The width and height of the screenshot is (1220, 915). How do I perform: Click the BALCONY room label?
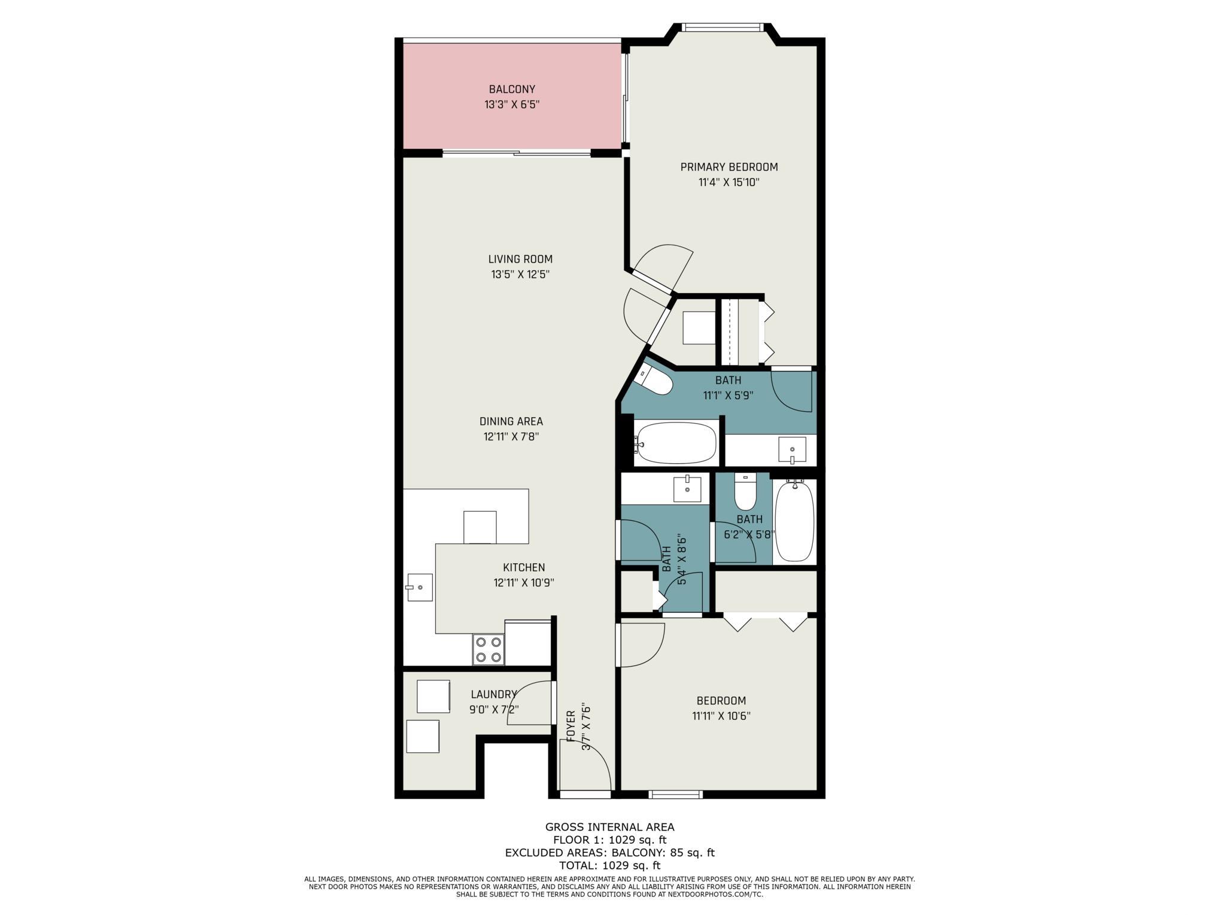coord(512,89)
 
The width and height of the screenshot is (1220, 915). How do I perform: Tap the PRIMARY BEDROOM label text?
coord(729,167)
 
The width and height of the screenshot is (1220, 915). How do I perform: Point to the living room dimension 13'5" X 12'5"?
coord(520,275)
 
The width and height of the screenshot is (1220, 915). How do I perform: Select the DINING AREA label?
coord(511,421)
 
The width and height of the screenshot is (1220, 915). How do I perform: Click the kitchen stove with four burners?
coord(488,649)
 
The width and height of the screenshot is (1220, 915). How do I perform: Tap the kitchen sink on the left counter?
coord(420,587)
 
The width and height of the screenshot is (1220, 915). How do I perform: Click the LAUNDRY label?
coord(494,694)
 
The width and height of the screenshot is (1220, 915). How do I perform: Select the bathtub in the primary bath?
coord(676,443)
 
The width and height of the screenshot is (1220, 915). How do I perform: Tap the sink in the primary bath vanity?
coord(792,449)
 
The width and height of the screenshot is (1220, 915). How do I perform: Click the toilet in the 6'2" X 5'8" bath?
coord(745,491)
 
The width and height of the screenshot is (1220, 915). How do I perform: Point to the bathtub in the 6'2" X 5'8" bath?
coord(794,520)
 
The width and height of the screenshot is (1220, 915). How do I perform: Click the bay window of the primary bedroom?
coord(723,27)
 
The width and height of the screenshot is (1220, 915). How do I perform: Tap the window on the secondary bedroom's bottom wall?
coord(676,794)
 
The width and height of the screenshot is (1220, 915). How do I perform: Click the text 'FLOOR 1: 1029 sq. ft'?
coord(609,840)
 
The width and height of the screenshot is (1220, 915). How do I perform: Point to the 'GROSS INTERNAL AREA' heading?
coord(609,827)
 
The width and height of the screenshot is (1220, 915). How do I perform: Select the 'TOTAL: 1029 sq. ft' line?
coord(609,865)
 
